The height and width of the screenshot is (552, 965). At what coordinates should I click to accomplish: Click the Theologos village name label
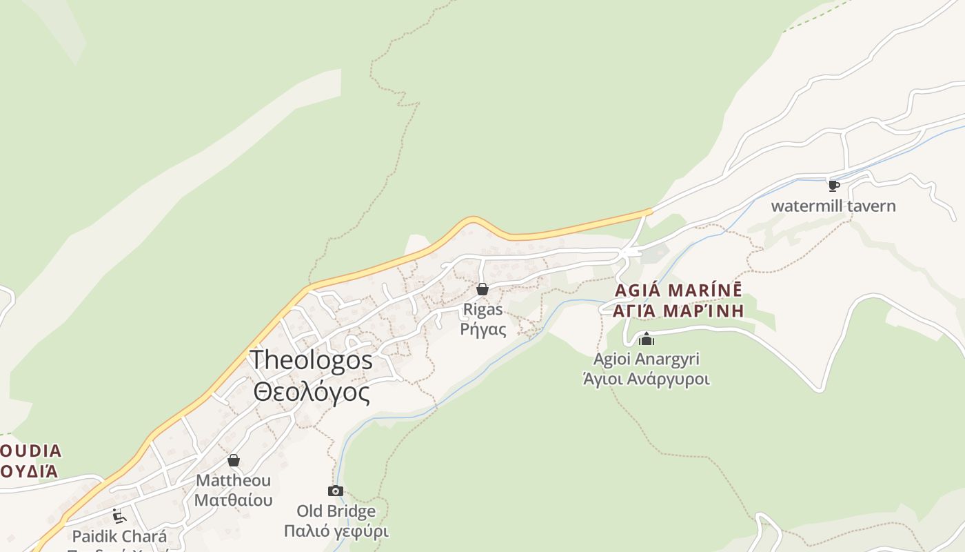click(x=311, y=360)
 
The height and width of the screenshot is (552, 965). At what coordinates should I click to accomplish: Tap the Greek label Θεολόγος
click(x=312, y=392)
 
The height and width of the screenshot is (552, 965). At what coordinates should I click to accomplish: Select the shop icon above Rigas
click(x=482, y=289)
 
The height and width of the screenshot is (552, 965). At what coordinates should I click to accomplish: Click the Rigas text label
click(x=482, y=309)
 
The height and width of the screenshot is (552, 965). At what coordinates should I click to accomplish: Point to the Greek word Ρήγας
click(x=482, y=329)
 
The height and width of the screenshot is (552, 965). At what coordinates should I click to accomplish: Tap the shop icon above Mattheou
click(x=234, y=460)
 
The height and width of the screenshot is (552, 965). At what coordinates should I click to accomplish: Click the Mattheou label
click(x=234, y=480)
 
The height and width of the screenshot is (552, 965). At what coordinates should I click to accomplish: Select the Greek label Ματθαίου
click(x=234, y=500)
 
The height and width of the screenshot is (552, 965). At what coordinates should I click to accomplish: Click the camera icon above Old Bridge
click(x=336, y=491)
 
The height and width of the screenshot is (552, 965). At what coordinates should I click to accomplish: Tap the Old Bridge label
click(x=336, y=511)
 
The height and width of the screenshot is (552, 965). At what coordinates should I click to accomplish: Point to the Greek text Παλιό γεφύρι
click(x=336, y=531)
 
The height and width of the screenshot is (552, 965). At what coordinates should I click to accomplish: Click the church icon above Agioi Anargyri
click(x=647, y=339)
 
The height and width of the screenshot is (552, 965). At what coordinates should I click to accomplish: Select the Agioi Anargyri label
click(x=647, y=359)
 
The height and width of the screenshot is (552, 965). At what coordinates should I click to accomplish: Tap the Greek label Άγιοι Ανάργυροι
click(x=647, y=379)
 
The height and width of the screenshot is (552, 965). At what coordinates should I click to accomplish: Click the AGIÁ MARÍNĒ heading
click(x=679, y=290)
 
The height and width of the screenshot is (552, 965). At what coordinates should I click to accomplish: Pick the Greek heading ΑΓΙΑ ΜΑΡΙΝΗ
click(x=679, y=310)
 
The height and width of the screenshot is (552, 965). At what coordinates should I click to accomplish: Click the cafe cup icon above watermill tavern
click(x=833, y=186)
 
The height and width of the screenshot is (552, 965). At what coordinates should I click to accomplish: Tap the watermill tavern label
click(x=833, y=206)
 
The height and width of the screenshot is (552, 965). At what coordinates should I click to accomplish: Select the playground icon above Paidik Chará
click(x=119, y=516)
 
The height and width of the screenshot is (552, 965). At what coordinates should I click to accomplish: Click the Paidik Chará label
click(x=119, y=536)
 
